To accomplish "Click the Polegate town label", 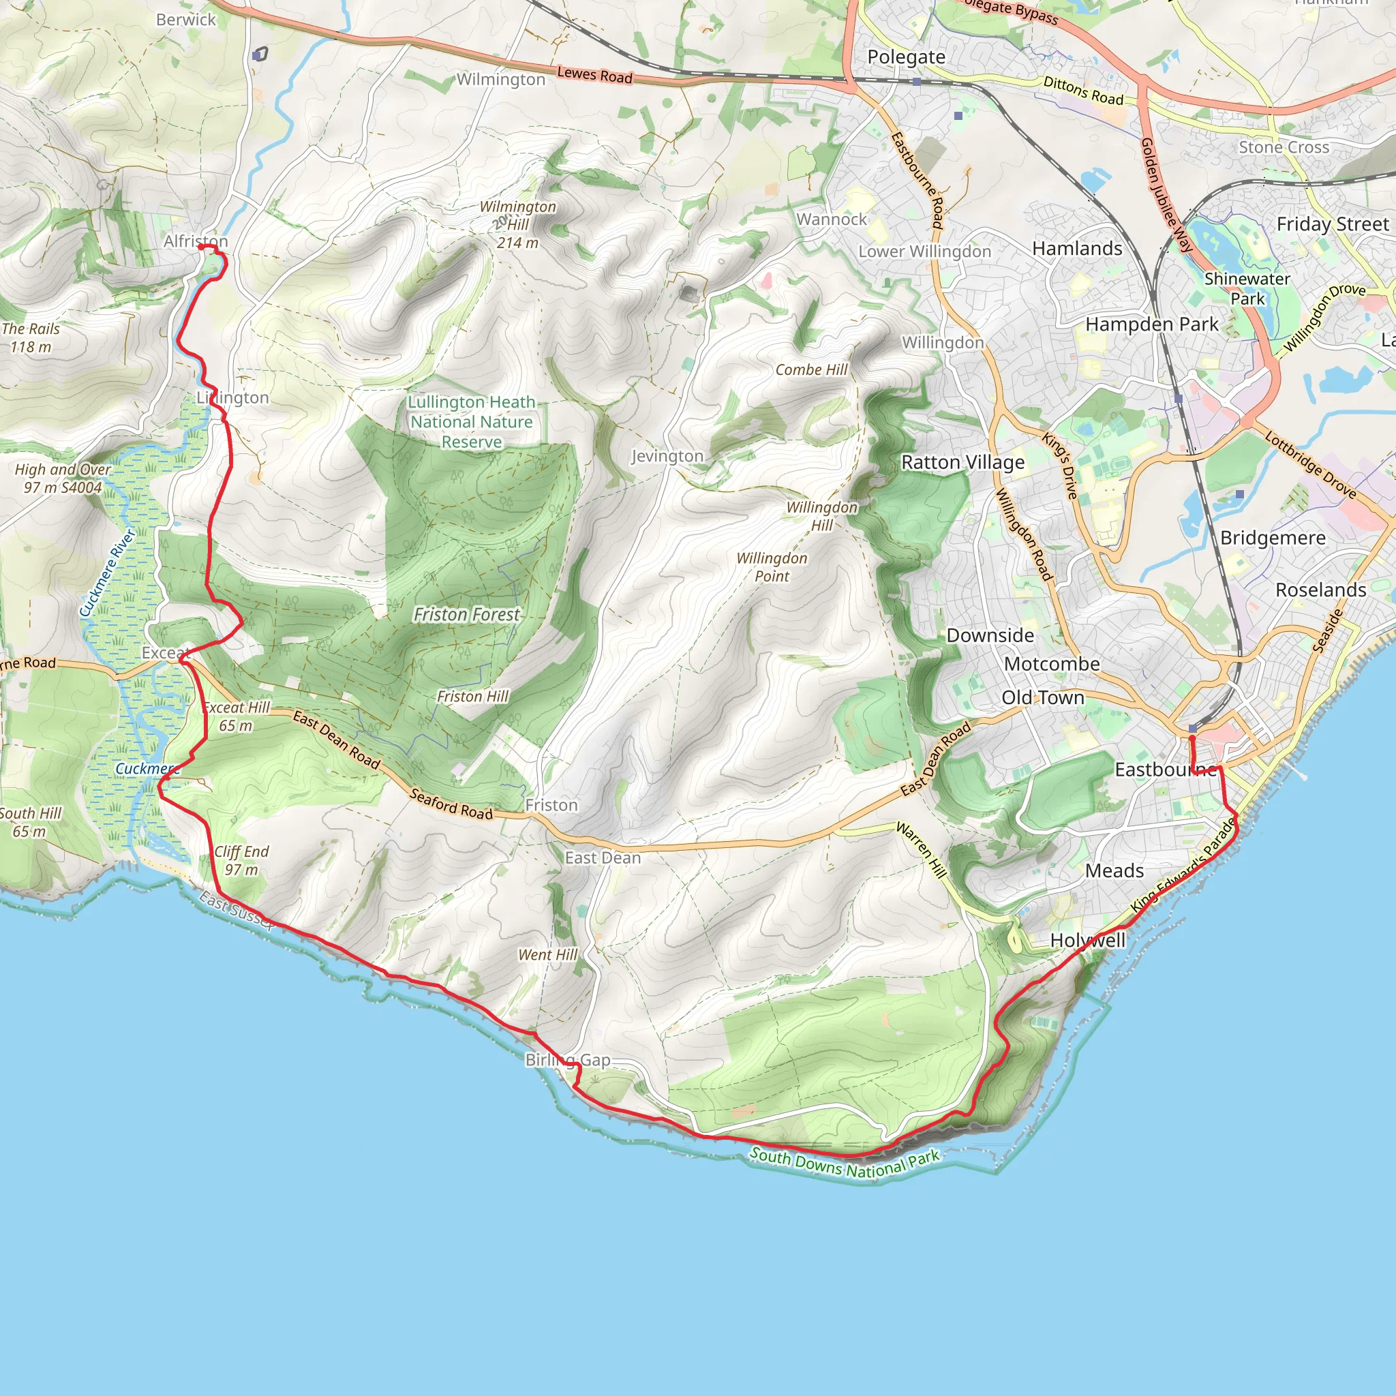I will (x=906, y=57).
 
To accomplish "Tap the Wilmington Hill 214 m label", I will (x=517, y=225).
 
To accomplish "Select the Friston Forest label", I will (x=466, y=615).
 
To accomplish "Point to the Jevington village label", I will (x=667, y=456).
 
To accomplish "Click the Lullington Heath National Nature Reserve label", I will (x=472, y=422).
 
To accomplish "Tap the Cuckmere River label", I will (x=108, y=573).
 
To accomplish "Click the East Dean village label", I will (x=603, y=858).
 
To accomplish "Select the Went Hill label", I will (x=548, y=954).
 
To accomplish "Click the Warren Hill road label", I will (x=922, y=850).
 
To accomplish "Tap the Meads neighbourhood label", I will (x=1114, y=870).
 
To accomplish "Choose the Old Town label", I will (x=1043, y=697).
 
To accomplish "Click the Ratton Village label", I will (x=962, y=462).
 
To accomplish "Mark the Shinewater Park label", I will (x=1247, y=288).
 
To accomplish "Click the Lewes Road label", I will (x=594, y=74).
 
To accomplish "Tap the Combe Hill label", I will (x=811, y=370).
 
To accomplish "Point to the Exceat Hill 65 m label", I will (x=237, y=717).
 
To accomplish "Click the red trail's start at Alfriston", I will (x=200, y=247).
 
